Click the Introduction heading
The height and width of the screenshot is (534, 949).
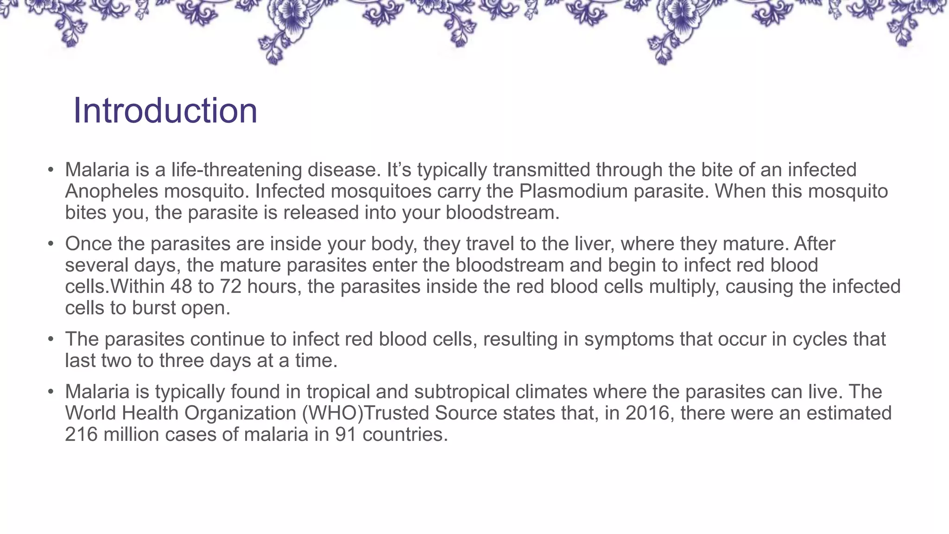(x=165, y=111)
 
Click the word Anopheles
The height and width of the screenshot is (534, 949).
(x=111, y=191)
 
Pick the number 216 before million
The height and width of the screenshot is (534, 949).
(x=81, y=434)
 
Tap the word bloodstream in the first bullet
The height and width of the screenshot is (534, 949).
(x=502, y=213)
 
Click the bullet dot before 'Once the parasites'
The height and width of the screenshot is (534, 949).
(x=51, y=244)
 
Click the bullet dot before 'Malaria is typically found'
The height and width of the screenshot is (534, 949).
(x=51, y=392)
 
